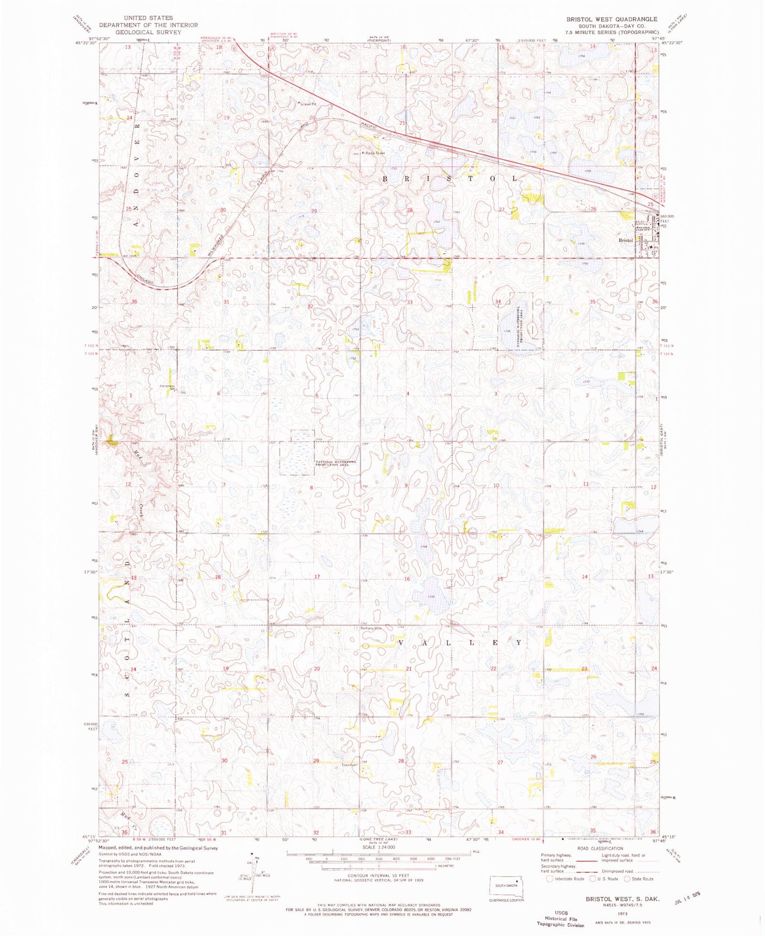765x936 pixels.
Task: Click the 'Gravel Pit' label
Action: point(308,104)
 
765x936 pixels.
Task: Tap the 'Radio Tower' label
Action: point(374,152)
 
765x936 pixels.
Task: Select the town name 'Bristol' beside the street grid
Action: point(625,240)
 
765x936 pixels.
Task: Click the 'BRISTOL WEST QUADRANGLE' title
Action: point(611,19)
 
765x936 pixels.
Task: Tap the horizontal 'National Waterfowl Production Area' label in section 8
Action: point(336,463)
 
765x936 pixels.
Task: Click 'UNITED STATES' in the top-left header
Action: point(148,18)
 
